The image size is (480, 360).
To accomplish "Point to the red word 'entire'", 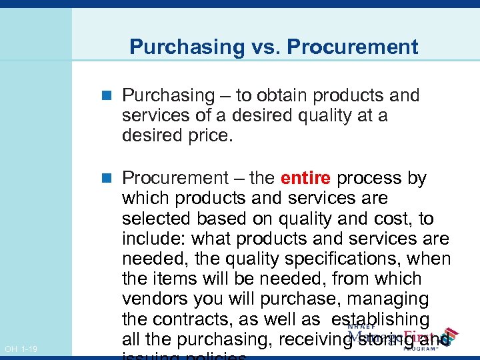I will tap(306, 179).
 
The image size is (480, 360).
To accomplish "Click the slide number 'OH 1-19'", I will tap(21, 349).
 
